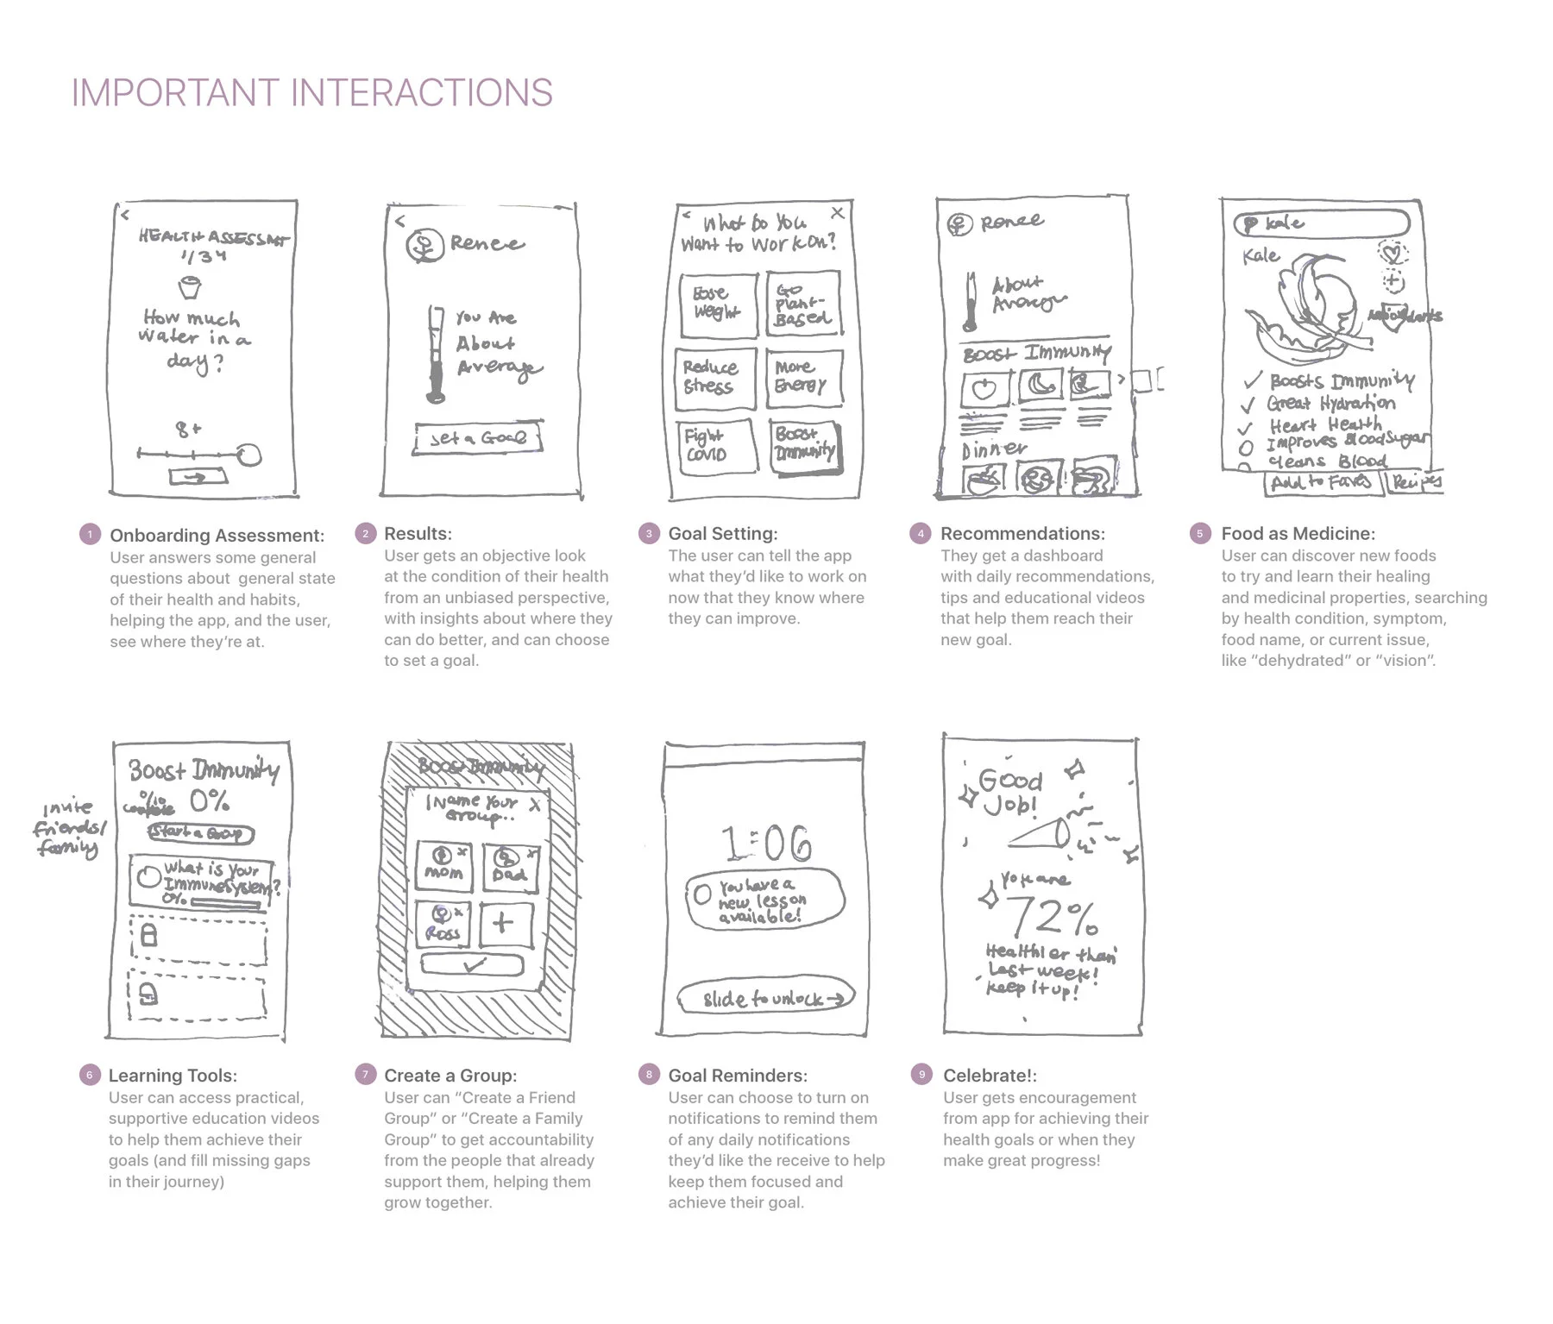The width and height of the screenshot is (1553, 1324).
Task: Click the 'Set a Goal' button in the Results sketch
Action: pyautogui.click(x=478, y=438)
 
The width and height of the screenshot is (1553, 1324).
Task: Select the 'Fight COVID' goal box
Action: pyautogui.click(x=712, y=445)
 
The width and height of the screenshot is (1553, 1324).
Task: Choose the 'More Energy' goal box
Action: pyautogui.click(x=803, y=378)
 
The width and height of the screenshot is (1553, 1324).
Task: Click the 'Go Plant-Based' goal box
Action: pyautogui.click(x=802, y=304)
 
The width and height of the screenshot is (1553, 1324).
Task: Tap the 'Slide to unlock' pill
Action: pyautogui.click(x=764, y=998)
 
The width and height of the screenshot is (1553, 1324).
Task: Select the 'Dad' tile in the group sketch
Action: pyautogui.click(x=509, y=866)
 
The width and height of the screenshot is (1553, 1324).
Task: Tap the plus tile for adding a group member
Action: pyautogui.click(x=504, y=924)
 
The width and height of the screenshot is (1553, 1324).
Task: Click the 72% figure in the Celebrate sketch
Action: pyautogui.click(x=1052, y=916)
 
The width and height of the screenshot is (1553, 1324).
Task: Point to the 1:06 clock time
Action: pyautogui.click(x=766, y=844)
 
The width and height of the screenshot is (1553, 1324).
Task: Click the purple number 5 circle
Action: pyautogui.click(x=1199, y=534)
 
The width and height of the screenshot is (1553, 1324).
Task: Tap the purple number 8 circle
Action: pyautogui.click(x=649, y=1074)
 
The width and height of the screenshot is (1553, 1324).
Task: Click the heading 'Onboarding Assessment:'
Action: pyautogui.click(x=217, y=536)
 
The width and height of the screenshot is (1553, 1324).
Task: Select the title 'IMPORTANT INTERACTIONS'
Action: pyautogui.click(x=311, y=93)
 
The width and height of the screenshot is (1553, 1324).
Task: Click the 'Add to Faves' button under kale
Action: pyautogui.click(x=1321, y=482)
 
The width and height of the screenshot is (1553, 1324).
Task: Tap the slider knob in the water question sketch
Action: pyautogui.click(x=249, y=455)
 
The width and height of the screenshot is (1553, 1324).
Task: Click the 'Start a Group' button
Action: pyautogui.click(x=200, y=833)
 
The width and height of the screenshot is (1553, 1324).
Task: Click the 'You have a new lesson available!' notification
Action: pyautogui.click(x=764, y=900)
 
